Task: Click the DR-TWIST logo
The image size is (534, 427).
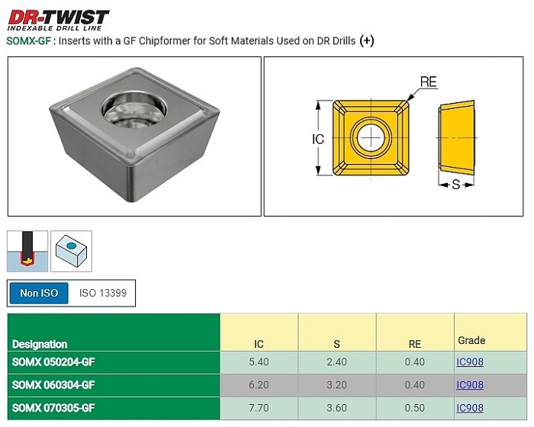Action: coord(58,20)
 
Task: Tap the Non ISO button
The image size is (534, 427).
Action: coord(39,293)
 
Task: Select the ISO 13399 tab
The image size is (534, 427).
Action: coord(102,293)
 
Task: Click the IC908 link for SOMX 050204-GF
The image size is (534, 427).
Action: coord(470,361)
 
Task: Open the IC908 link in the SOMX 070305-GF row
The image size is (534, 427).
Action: coord(470,408)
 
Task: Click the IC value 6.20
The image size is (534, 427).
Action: coord(259,385)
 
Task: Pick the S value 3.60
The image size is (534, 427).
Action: coord(336,408)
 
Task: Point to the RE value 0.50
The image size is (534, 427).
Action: coord(414,408)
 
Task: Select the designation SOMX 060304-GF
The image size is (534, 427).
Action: coord(53,385)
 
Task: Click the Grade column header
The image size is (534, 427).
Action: coord(471,340)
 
